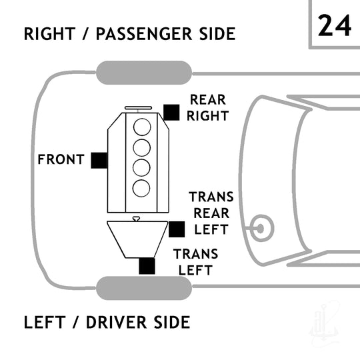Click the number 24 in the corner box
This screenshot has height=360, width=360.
click(335, 25)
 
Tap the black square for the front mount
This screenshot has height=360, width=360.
click(99, 160)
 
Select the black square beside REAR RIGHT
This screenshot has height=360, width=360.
click(171, 112)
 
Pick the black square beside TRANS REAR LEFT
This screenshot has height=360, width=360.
click(177, 229)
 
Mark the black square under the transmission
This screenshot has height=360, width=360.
click(147, 266)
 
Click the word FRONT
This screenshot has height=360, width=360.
click(61, 159)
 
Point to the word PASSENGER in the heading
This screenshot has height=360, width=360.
click(144, 34)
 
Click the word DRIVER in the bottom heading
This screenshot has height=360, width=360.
click(116, 322)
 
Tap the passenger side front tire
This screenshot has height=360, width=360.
click(144, 73)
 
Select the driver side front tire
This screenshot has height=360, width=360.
click(144, 288)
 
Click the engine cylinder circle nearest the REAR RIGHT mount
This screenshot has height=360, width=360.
click(142, 127)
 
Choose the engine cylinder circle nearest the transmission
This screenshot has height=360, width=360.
click(141, 188)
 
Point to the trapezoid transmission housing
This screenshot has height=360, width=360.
click(137, 239)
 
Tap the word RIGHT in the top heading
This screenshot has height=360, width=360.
click(49, 34)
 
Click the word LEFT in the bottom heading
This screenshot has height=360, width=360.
click(45, 322)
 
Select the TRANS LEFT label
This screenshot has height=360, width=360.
click(195, 262)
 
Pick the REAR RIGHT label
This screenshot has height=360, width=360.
click(208, 107)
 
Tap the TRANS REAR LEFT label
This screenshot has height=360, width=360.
click(211, 213)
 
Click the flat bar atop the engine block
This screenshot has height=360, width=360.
click(138, 108)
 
